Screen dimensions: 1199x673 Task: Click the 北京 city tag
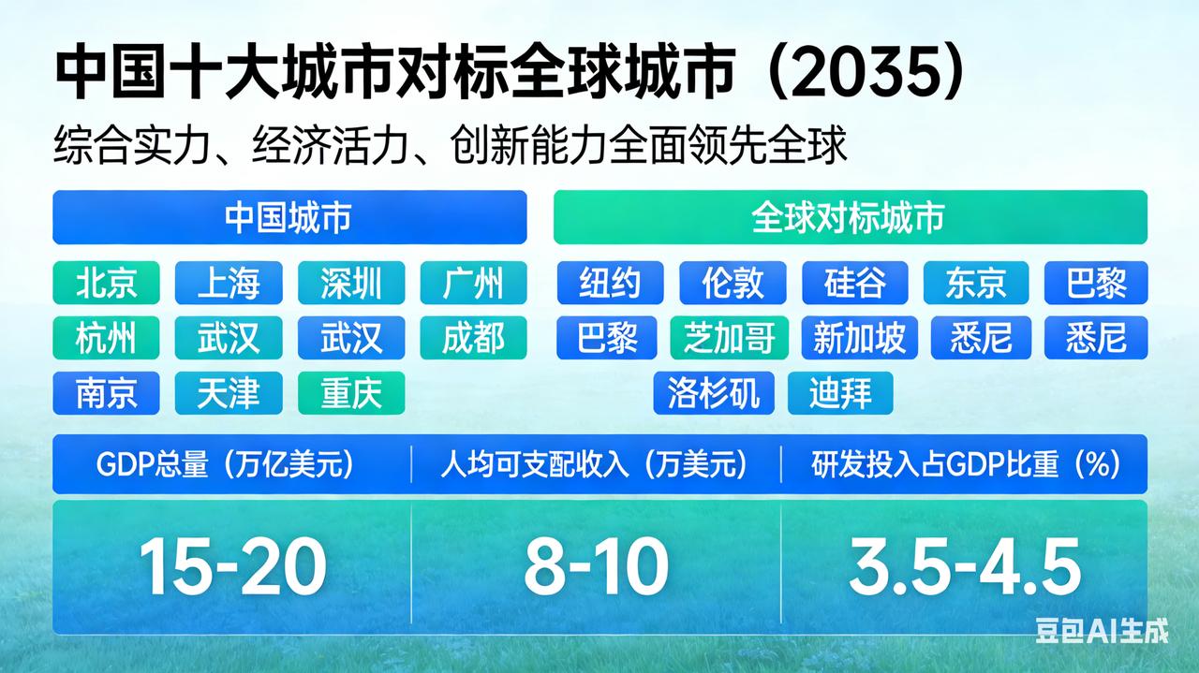tap(106, 283)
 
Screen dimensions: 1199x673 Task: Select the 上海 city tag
tap(229, 283)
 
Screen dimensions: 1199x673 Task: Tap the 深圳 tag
tap(351, 283)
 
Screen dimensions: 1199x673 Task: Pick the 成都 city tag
tap(473, 338)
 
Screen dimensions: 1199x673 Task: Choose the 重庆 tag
tap(351, 393)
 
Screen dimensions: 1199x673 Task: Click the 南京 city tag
tap(106, 393)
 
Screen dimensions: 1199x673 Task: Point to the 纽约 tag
tap(610, 283)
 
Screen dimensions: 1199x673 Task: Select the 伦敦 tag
tap(733, 283)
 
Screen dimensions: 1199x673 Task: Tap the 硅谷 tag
tap(855, 283)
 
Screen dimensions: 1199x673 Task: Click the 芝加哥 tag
tap(729, 338)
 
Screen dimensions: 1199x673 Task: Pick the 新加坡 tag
tap(860, 338)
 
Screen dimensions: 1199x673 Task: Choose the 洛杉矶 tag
tap(714, 393)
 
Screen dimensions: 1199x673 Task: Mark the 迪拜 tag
tap(840, 393)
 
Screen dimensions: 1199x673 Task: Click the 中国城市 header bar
tap(289, 217)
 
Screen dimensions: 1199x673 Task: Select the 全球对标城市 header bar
tap(851, 217)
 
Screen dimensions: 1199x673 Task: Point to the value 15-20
tap(232, 566)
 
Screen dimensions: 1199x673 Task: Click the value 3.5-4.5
tap(965, 566)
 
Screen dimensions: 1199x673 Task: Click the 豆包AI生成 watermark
tap(1102, 631)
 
